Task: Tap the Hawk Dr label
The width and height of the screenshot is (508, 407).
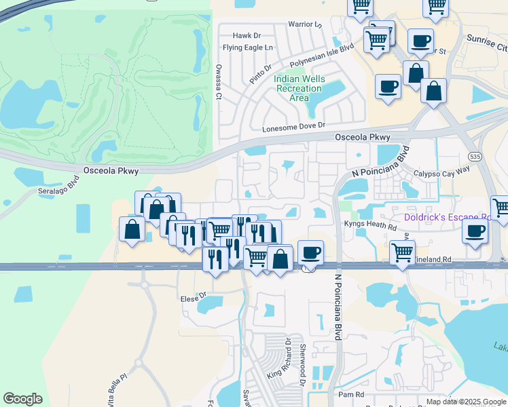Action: point(247,35)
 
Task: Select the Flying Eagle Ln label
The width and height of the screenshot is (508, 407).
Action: point(248,47)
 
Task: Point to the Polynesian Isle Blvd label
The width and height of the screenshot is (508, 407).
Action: point(322,57)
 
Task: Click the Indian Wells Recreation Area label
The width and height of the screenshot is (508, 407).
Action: point(300,88)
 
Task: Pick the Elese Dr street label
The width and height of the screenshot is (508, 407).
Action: point(194,296)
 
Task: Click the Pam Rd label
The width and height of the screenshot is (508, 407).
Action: point(351,394)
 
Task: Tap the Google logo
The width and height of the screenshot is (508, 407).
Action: point(22,400)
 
